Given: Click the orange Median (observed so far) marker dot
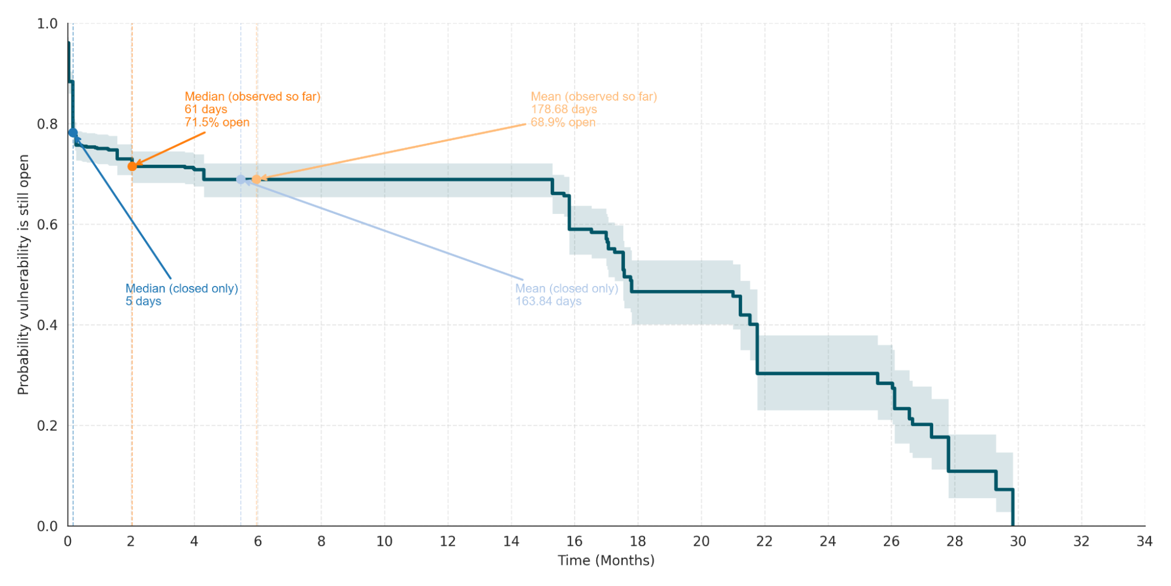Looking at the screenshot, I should point(132,166).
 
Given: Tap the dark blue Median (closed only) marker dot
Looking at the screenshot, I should point(73,133).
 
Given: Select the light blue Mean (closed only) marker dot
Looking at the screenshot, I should point(241,179).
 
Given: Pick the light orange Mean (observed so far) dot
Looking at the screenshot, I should point(257,179).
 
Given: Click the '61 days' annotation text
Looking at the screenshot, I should point(206,110).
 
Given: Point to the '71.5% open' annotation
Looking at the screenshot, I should point(217,122).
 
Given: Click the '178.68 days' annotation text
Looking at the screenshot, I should point(564,110).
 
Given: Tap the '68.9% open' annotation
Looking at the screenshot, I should point(563,122).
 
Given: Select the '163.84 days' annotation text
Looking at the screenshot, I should point(548,301).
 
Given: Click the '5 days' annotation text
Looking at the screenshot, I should point(143,301).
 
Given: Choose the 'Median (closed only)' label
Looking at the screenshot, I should point(182,288).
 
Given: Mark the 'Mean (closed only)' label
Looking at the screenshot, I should point(566,288).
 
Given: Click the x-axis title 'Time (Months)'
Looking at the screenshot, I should point(606,561).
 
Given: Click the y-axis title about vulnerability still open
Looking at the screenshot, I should point(23,274).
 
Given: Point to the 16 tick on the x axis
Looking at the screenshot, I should point(574,541).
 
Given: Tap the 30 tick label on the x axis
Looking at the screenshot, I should point(1018,541).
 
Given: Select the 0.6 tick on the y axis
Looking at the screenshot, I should point(47,225).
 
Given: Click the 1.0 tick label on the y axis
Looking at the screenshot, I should point(47,24).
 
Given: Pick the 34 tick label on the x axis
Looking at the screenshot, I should point(1144,541).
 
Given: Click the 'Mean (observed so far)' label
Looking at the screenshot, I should point(593,97).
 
